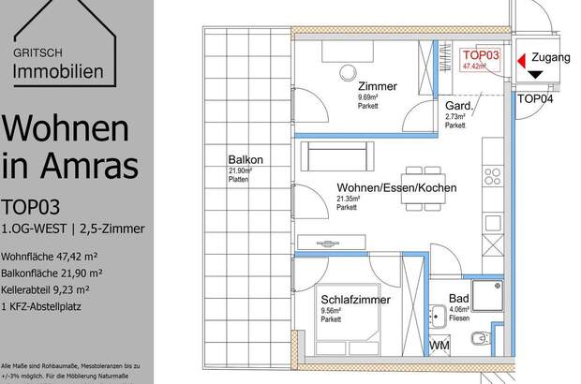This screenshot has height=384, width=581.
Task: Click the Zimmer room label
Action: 377,86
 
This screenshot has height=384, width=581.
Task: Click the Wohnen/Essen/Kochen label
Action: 396,188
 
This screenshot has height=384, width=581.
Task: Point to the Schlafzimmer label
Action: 353,300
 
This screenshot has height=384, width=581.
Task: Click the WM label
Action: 439,347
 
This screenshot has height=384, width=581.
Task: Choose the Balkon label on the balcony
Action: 244,158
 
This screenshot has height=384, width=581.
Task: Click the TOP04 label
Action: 535,97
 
